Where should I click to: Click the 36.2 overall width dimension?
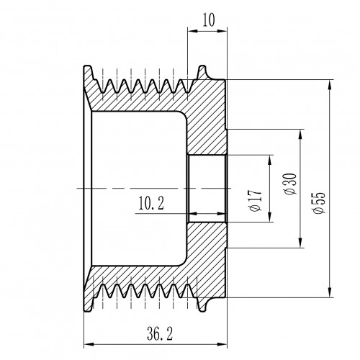160,334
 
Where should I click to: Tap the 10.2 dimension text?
151,203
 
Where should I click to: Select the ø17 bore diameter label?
256,201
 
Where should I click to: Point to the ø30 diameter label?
290,184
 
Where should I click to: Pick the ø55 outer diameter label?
319,202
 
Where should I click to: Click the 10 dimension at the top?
208,20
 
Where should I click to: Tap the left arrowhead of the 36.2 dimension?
89,344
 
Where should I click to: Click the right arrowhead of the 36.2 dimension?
222,344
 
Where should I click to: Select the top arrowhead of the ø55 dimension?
330,84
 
